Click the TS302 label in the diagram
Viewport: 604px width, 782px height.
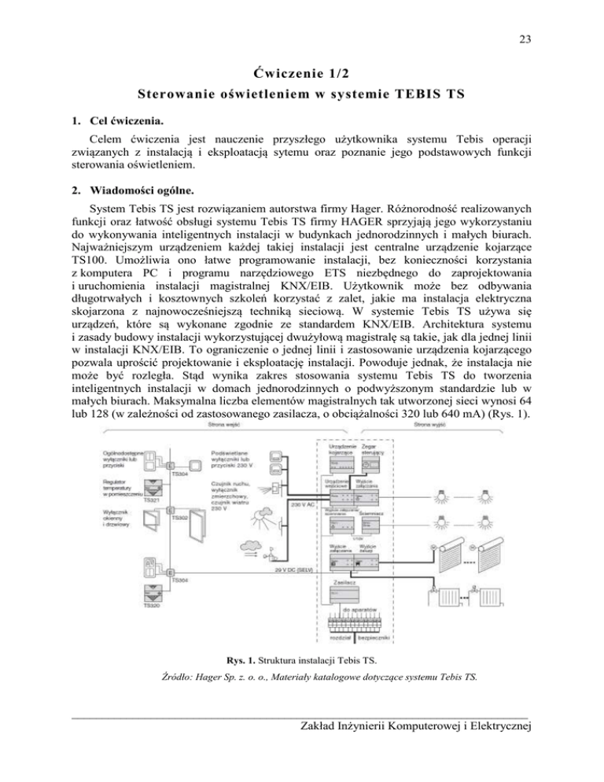[180, 518]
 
